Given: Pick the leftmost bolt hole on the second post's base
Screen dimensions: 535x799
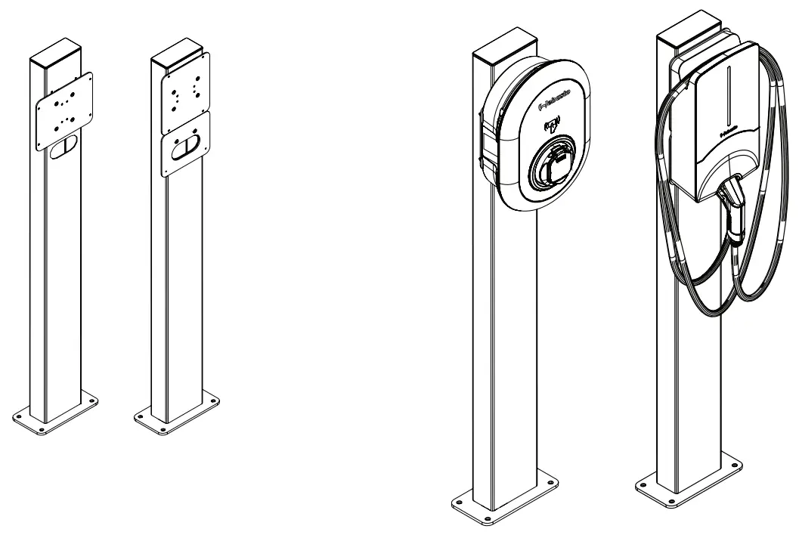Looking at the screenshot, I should point(141,415).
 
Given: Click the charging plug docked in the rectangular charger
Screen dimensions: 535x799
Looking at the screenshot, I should point(732,208).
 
